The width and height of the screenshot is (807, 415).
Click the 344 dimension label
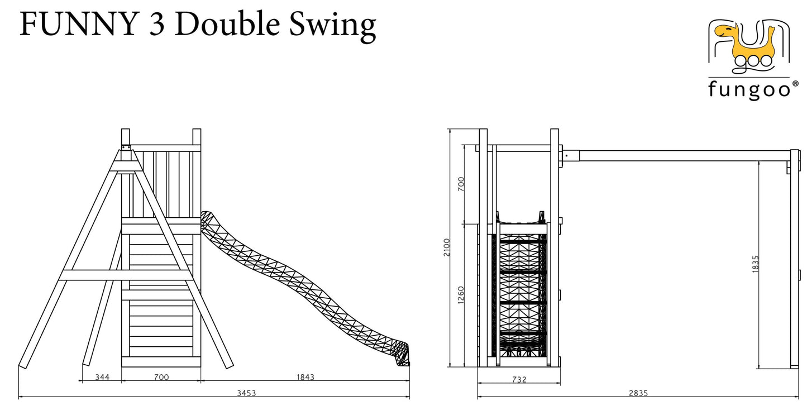click(102, 377)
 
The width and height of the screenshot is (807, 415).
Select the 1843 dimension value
click(305, 377)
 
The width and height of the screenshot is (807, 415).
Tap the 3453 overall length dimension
click(246, 393)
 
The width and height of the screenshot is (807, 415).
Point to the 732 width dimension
click(519, 379)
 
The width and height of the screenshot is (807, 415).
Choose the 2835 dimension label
click(638, 393)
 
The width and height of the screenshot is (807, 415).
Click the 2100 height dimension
click(447, 247)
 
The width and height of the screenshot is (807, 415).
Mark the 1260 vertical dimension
click(461, 295)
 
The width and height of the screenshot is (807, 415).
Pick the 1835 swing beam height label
click(756, 264)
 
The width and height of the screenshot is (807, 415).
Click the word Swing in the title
click(332, 25)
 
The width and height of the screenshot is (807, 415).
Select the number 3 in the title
click(157, 25)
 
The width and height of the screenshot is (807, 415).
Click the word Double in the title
click(227, 24)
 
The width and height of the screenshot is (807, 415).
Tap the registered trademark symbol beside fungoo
click(795, 84)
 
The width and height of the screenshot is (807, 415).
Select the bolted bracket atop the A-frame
click(126, 147)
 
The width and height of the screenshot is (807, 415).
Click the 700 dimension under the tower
click(161, 377)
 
